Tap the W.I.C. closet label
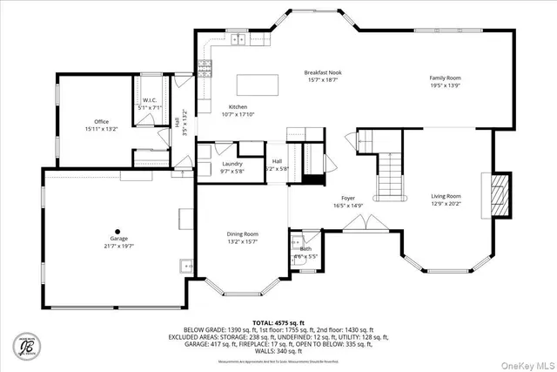[x=149, y=100]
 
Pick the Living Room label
[x=446, y=197]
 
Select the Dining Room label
[x=244, y=233]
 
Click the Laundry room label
[x=232, y=164]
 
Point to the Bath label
[x=305, y=249]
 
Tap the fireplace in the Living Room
[x=500, y=193]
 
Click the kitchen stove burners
[x=206, y=69]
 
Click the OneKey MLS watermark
[x=525, y=364]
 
